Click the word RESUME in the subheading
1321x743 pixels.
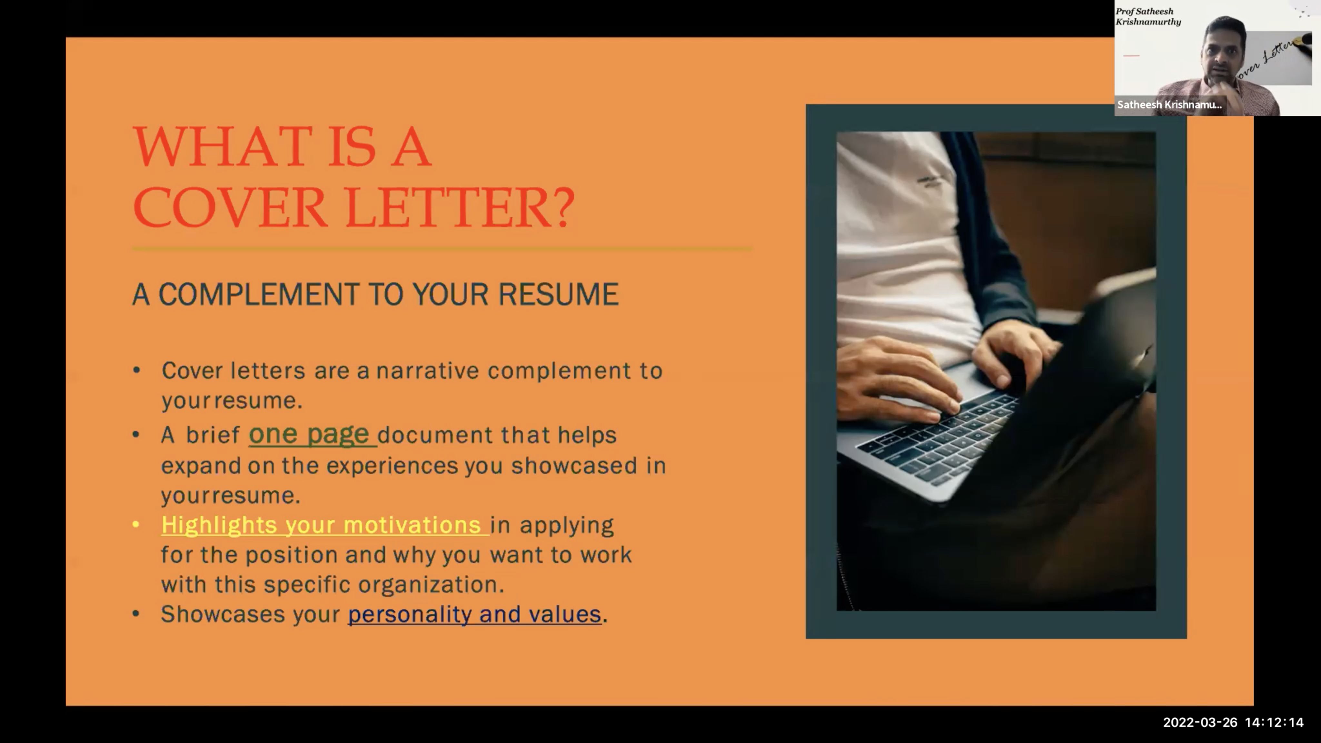(559, 294)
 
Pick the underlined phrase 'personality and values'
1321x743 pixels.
(474, 614)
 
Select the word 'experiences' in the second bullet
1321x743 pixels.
(392, 466)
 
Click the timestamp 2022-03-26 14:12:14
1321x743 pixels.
(1233, 722)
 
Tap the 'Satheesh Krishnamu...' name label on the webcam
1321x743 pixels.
(1169, 104)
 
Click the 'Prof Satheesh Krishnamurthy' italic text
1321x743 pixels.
(1148, 16)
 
